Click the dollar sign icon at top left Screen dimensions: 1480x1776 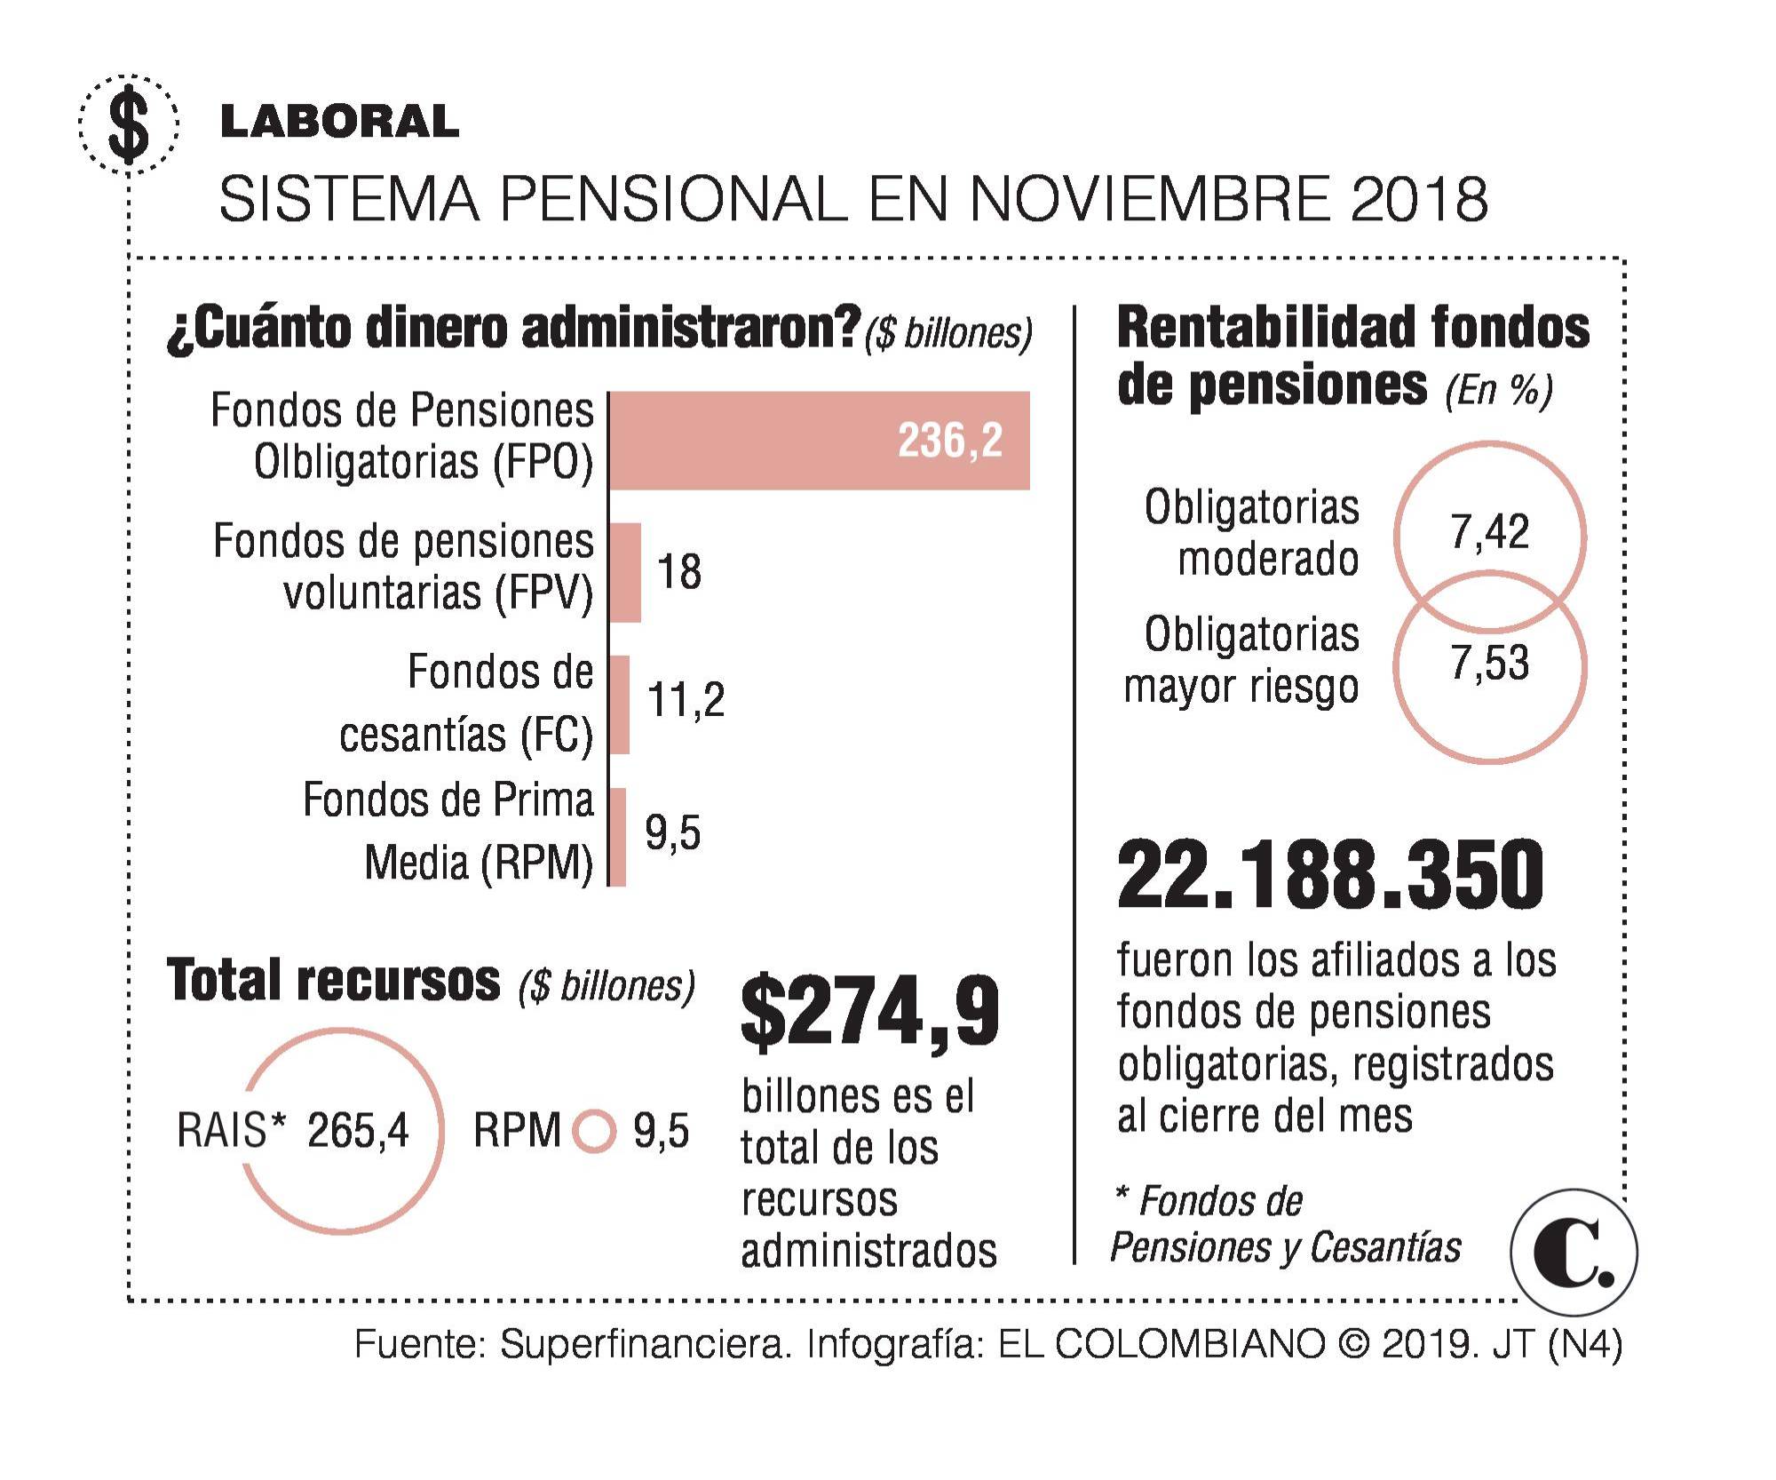pyautogui.click(x=130, y=123)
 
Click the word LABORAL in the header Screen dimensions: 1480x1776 pyautogui.click(x=339, y=122)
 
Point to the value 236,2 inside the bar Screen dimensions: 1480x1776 pyautogui.click(x=949, y=441)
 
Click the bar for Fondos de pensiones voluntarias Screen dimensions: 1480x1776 pyautogui.click(x=625, y=572)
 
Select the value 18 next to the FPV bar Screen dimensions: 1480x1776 pyautogui.click(x=679, y=572)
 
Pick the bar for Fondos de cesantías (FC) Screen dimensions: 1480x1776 pyautogui.click(x=620, y=704)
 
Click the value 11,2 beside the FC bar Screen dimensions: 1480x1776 pyautogui.click(x=686, y=701)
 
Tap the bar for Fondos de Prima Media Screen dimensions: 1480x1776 pyautogui.click(x=618, y=837)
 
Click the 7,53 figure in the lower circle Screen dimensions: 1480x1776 pyautogui.click(x=1489, y=664)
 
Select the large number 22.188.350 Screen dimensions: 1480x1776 pyautogui.click(x=1330, y=875)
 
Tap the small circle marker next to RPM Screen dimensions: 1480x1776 pyautogui.click(x=593, y=1131)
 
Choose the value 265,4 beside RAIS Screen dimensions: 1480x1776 pyautogui.click(x=358, y=1131)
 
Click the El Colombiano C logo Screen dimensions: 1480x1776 pyautogui.click(x=1573, y=1253)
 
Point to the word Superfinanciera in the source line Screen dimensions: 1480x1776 pyautogui.click(x=645, y=1344)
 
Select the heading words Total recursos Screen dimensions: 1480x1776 pyautogui.click(x=334, y=982)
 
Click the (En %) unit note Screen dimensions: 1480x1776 pyautogui.click(x=1499, y=391)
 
